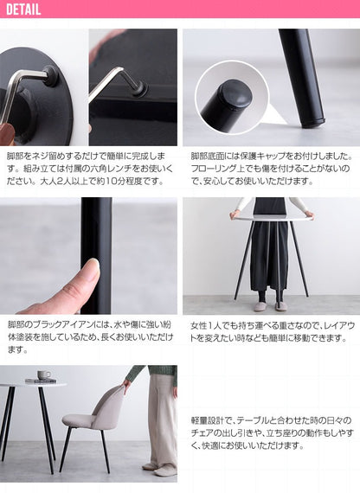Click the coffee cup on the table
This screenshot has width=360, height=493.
click(43, 375)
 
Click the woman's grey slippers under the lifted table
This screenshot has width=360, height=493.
click(269, 306)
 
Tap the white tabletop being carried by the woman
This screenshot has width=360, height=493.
click(271, 215)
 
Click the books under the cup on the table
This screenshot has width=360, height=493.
click(40, 381)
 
